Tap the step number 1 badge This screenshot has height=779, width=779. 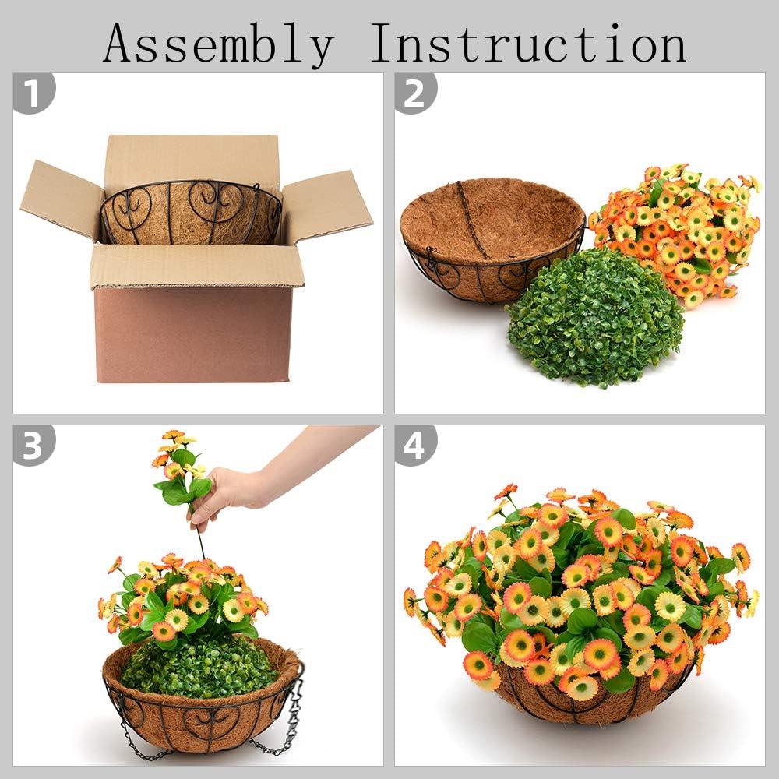coord(34,93)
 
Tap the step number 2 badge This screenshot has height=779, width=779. coord(415,93)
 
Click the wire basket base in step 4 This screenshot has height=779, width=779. coord(592,705)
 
